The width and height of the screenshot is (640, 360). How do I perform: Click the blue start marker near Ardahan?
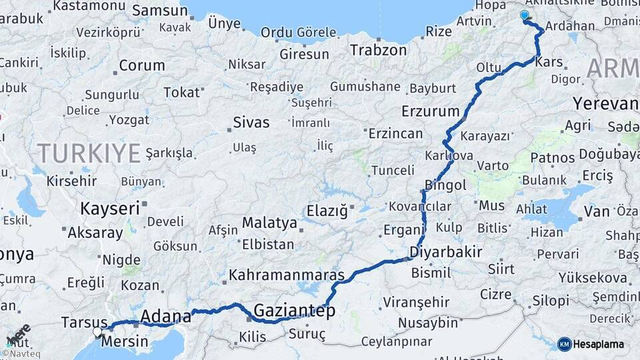click(x=525, y=15)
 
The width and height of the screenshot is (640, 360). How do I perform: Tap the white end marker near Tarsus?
click(x=98, y=331)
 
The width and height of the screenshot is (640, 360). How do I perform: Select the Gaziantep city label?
click(x=294, y=311)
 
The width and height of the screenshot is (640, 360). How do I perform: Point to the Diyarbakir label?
click(x=446, y=253)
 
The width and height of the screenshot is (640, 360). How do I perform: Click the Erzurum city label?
click(x=431, y=111)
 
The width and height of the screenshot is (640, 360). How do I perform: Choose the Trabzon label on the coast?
click(x=378, y=50)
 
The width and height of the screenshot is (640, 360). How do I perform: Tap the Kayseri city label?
click(x=110, y=208)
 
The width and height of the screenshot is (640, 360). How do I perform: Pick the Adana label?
click(x=166, y=315)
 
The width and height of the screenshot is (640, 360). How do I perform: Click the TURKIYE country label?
click(x=89, y=153)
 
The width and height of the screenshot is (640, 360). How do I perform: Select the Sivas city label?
click(x=251, y=122)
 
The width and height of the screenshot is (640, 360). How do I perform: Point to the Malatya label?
click(x=269, y=223)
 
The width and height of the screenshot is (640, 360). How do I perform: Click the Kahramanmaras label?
click(x=287, y=275)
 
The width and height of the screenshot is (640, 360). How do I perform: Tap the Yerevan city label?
click(x=605, y=104)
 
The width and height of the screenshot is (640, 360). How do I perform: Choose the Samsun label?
click(x=160, y=11)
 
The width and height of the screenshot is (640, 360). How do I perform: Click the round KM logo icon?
click(x=564, y=344)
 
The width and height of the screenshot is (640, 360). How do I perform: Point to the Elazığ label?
click(x=327, y=211)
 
